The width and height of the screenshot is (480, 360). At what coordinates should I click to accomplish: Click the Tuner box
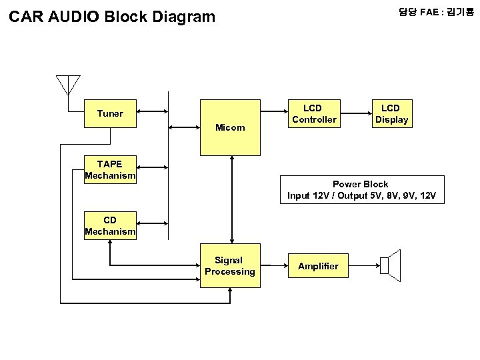click(110, 113)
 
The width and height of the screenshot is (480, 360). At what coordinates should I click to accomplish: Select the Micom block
click(230, 127)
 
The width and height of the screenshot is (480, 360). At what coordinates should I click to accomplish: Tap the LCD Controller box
click(314, 114)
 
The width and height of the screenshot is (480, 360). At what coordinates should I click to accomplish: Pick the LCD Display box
click(391, 114)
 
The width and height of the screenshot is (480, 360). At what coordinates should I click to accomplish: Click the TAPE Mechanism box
click(110, 170)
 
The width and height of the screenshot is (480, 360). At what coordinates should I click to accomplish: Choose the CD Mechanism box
click(110, 226)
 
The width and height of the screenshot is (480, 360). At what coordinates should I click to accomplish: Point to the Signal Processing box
click(230, 266)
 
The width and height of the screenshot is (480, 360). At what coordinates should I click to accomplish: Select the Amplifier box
click(318, 266)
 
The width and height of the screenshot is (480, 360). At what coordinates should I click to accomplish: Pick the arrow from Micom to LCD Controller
click(273, 113)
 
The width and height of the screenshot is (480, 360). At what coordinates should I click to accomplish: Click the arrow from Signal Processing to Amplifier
click(273, 266)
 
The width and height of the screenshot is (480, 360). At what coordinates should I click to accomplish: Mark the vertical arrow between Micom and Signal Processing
click(231, 199)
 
